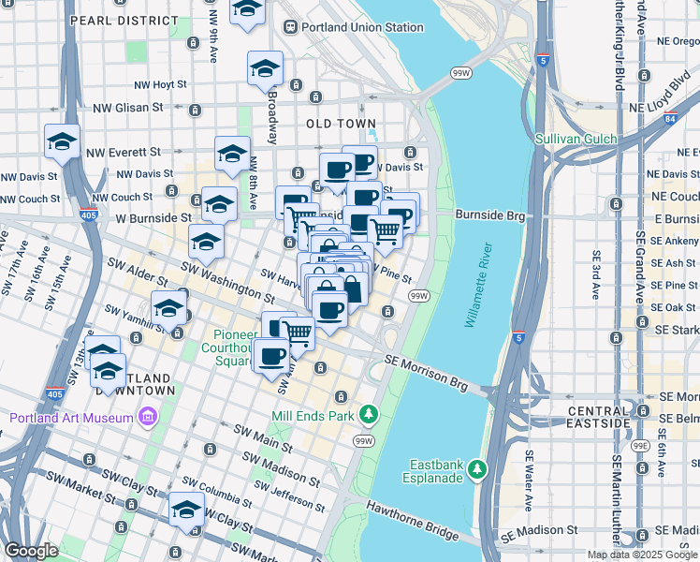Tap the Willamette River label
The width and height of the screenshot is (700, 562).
[477, 286]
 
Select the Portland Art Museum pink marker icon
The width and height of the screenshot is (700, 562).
[146, 417]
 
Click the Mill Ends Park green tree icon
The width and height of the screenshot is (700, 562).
[371, 413]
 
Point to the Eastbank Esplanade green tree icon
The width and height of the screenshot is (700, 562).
[478, 466]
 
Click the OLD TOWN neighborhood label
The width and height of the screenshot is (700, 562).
[341, 124]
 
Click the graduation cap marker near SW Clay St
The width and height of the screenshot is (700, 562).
[186, 511]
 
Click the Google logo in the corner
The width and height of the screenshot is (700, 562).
[31, 551]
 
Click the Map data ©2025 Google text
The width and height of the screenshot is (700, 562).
[642, 555]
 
